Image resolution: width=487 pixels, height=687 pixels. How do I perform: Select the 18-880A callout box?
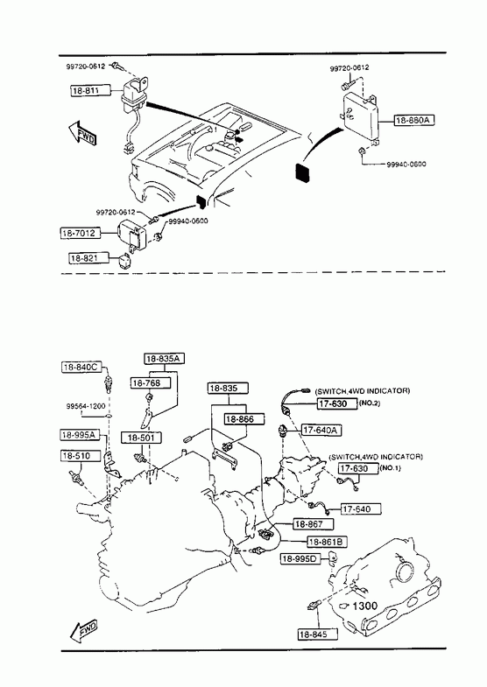click(414, 120)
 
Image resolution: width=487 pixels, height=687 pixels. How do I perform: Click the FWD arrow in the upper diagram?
click(82, 133)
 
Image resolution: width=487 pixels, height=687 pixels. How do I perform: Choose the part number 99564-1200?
click(86, 406)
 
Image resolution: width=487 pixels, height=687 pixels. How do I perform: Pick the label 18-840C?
click(81, 368)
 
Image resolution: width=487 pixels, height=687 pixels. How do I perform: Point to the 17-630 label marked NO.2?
click(337, 403)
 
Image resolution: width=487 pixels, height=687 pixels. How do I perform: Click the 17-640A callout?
click(321, 431)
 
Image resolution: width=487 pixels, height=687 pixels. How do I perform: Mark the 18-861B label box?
click(328, 542)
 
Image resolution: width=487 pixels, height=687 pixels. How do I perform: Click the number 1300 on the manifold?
click(364, 606)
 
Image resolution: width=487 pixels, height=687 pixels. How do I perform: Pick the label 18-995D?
click(301, 559)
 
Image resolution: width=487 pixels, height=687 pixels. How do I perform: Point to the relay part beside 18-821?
click(122, 261)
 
